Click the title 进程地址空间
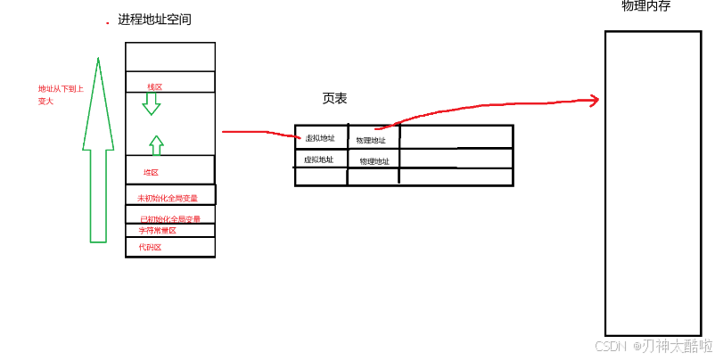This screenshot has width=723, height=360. tap(154, 20)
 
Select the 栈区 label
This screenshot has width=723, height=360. tap(155, 86)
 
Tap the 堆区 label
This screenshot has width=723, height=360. tap(151, 172)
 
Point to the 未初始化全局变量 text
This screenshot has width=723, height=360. tap(168, 198)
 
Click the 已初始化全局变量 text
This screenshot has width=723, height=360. tap(170, 219)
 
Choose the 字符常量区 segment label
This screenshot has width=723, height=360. tap(157, 231)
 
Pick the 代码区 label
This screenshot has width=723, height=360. tap(150, 247)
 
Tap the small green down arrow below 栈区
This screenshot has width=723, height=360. tap(152, 103)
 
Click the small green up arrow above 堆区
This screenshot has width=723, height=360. tap(156, 145)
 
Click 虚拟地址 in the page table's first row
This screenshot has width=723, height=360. tap(319, 138)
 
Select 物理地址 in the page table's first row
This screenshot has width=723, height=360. tap(371, 140)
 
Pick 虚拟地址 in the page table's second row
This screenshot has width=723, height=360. tap(318, 160)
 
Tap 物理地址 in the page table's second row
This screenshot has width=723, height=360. tap(374, 161)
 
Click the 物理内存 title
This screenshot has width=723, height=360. tap(645, 7)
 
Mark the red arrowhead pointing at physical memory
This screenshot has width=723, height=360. tap(592, 100)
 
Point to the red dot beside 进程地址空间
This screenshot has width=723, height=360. tap(108, 22)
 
